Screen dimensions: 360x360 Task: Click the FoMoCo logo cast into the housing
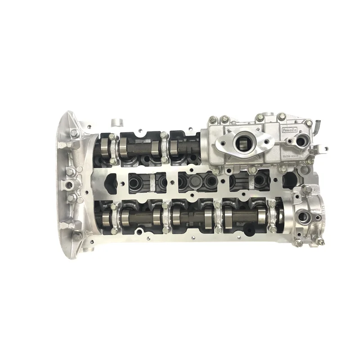coord(291,130)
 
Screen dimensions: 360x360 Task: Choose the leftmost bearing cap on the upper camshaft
coord(112,148)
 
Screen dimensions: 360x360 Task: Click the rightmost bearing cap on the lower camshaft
coord(272,216)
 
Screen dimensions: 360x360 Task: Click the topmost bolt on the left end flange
coord(74,133)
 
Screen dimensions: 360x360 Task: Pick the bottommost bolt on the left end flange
coord(76,235)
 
